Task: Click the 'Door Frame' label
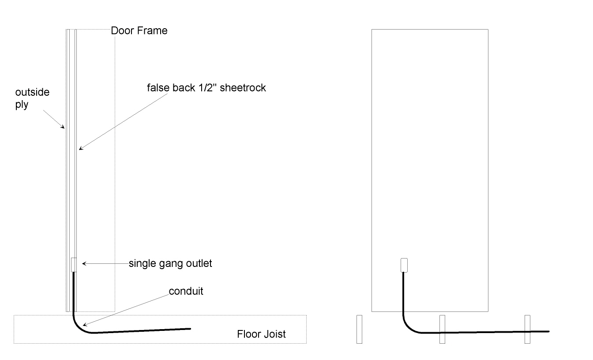point(139,31)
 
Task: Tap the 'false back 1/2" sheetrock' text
point(206,88)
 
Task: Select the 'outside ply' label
point(32,99)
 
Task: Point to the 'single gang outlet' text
point(170,264)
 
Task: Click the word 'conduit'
point(186,291)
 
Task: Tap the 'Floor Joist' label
point(261,334)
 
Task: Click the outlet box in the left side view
point(74,265)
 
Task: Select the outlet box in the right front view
point(403,265)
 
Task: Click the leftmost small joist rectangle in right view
point(359,329)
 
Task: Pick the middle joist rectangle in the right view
point(442,329)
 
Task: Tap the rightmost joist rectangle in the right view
point(527,329)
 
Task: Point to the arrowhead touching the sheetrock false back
point(79,149)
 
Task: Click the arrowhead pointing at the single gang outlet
point(84,264)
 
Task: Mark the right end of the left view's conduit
point(190,329)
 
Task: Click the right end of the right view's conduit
point(548,331)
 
